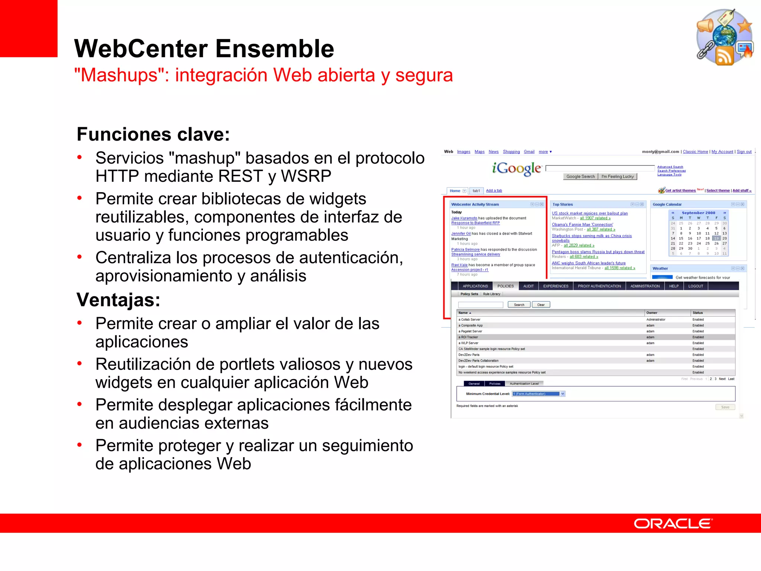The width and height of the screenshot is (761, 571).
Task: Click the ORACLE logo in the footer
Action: click(x=673, y=523)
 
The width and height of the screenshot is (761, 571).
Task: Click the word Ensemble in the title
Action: click(x=275, y=49)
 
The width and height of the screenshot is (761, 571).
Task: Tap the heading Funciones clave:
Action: click(x=153, y=134)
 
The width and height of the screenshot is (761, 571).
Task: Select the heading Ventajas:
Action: click(x=118, y=300)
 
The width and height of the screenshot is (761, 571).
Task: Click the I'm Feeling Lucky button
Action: click(x=618, y=177)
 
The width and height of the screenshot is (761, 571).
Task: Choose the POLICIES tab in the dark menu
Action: click(x=505, y=286)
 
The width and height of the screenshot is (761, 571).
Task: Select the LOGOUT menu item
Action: click(x=696, y=286)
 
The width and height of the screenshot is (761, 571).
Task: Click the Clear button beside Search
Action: click(x=541, y=305)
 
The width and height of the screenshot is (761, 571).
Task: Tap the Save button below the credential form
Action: click(x=725, y=407)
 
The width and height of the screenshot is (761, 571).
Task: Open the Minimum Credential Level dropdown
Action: click(x=563, y=394)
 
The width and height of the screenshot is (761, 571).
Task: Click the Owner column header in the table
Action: click(x=652, y=313)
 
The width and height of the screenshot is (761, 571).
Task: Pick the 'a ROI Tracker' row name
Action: click(x=469, y=337)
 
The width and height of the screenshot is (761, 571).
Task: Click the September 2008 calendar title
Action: click(x=698, y=213)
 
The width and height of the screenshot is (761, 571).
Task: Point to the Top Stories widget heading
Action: click(x=563, y=204)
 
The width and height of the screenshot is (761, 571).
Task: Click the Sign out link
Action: click(x=744, y=152)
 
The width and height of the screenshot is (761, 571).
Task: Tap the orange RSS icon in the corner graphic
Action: click(x=724, y=56)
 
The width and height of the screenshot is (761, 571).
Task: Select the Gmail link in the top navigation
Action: click(x=529, y=152)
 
